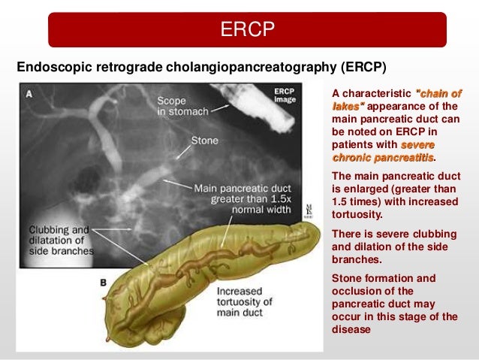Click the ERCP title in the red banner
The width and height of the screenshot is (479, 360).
click(x=248, y=30)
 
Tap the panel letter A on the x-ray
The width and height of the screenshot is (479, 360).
click(x=29, y=94)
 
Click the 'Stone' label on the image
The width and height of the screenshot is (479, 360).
click(x=204, y=141)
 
